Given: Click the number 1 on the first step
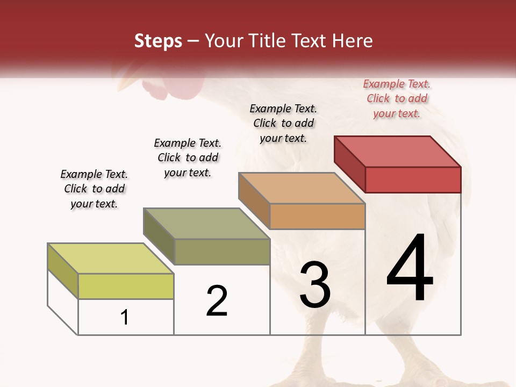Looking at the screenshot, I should (x=125, y=318).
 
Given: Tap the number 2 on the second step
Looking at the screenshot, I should (x=217, y=301).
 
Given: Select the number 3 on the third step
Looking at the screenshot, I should (x=315, y=285).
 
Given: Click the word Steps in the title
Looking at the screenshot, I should (x=158, y=41).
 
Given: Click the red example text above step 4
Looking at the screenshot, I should (x=397, y=98).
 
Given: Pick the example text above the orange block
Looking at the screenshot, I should (x=283, y=123).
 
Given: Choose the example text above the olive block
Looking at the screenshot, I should (x=188, y=157).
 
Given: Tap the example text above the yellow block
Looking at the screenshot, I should (x=94, y=189).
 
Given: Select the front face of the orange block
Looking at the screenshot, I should (x=317, y=216).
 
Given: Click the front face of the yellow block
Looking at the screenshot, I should (x=126, y=286).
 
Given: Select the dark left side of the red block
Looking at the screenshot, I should (x=349, y=164).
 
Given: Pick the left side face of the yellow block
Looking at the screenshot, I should (x=63, y=270).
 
